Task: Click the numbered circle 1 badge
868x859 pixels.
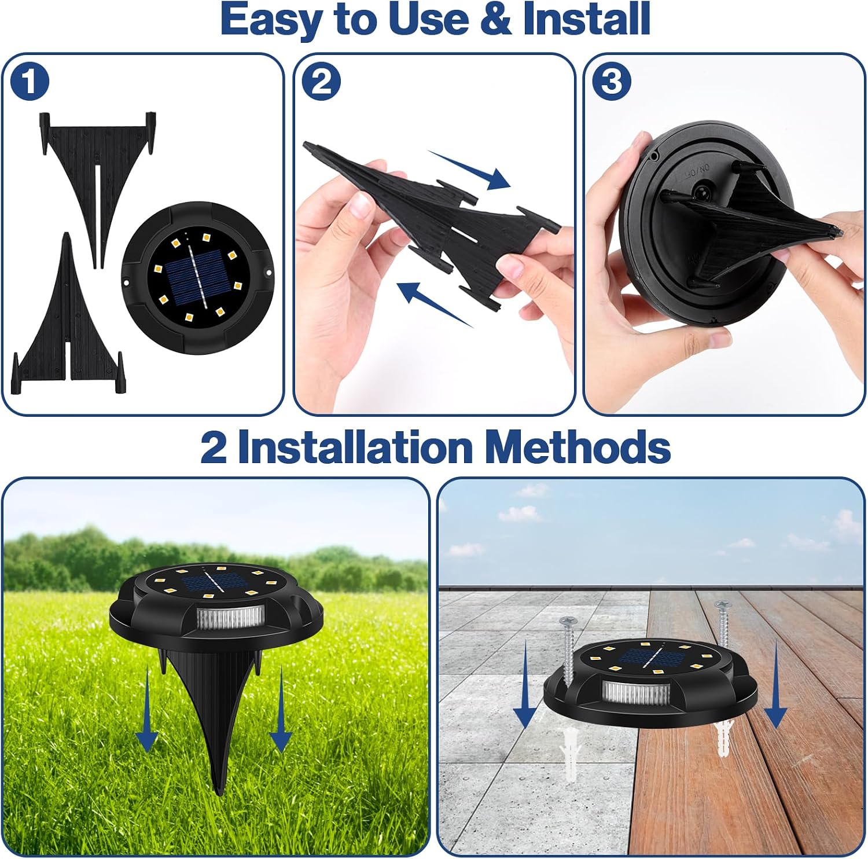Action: point(30,82)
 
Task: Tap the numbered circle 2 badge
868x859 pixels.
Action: point(322,82)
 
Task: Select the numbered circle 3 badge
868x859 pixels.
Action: point(612,82)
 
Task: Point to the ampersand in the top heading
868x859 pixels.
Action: point(493,20)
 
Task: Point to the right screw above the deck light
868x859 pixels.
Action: point(723,631)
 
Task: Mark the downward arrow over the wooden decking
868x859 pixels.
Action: point(775,684)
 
